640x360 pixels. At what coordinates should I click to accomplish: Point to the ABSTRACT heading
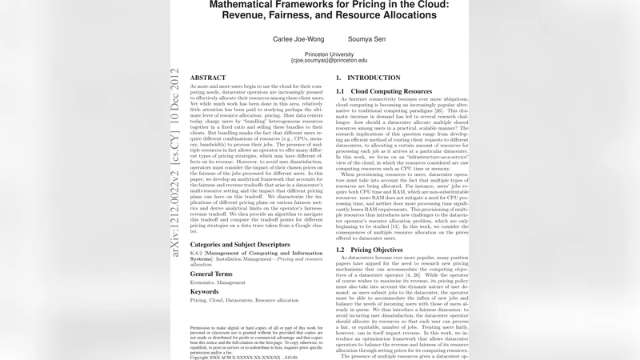(x=209, y=77)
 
